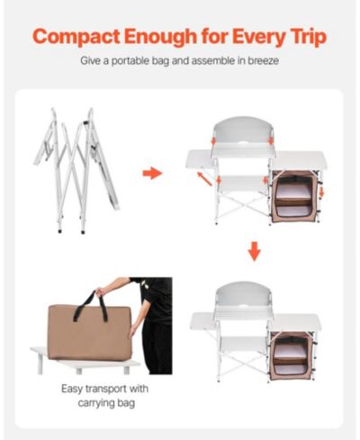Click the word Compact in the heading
click(x=76, y=37)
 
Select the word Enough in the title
click(x=160, y=37)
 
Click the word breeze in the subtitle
click(x=263, y=61)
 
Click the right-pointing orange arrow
click(x=152, y=173)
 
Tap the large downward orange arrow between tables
click(x=255, y=251)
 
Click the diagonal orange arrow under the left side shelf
click(x=204, y=179)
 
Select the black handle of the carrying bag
click(x=91, y=303)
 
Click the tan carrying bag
click(x=88, y=332)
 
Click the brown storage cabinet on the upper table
click(x=295, y=197)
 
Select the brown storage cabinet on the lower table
click(x=292, y=355)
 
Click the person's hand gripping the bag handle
click(x=99, y=292)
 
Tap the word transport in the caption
click(x=105, y=389)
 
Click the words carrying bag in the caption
click(x=106, y=403)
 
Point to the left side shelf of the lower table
click(x=203, y=320)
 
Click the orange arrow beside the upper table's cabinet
click(x=321, y=192)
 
